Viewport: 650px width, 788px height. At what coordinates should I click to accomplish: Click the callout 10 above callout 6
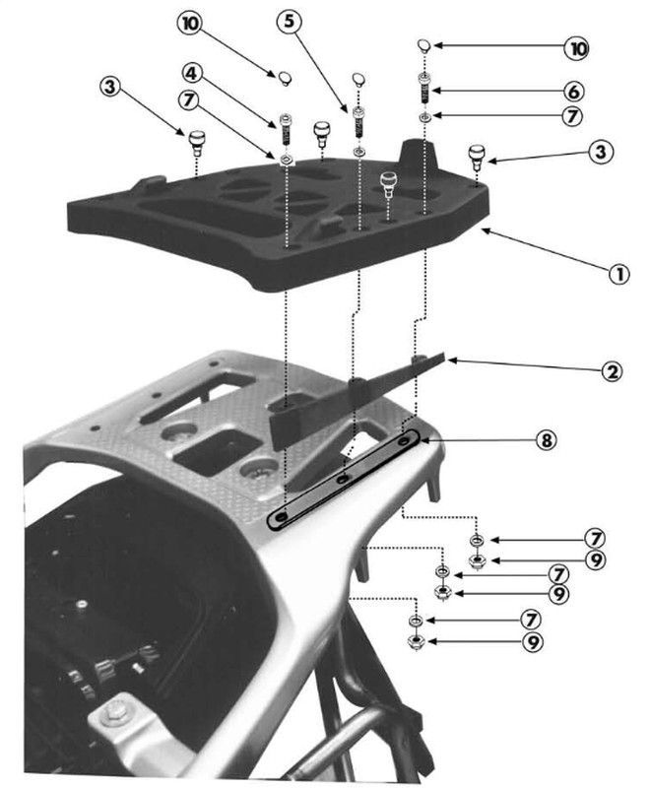(602, 46)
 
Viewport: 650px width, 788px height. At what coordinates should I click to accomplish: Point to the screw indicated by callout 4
(285, 127)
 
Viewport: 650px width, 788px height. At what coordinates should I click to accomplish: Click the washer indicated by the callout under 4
(285, 158)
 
